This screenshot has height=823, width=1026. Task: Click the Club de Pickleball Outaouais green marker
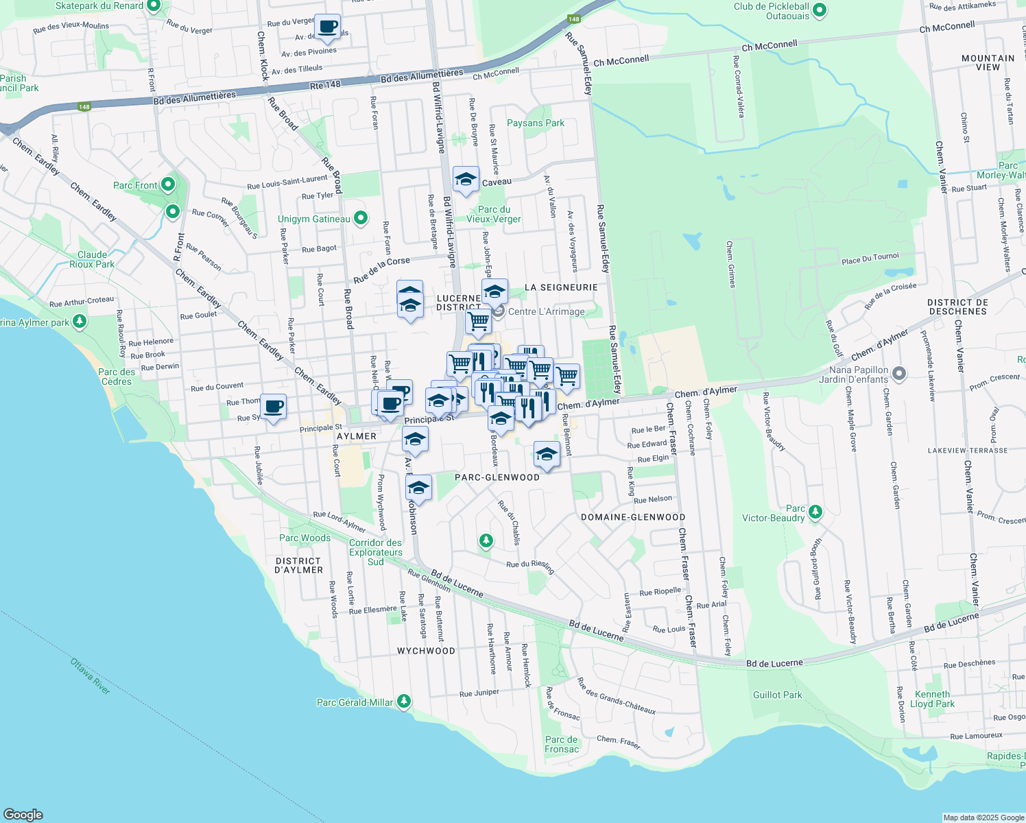[x=819, y=11]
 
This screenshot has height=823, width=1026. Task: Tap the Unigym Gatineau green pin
[x=360, y=219]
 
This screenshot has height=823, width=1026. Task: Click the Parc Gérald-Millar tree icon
[x=404, y=701]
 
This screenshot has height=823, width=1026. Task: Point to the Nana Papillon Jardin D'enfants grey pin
[x=898, y=374]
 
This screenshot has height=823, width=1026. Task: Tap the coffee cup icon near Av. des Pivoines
[x=327, y=27]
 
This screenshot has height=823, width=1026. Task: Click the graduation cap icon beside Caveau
[x=465, y=180]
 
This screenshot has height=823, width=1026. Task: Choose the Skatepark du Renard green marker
[x=154, y=6]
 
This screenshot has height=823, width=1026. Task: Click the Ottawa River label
[x=91, y=676]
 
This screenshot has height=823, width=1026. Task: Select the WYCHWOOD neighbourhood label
[x=426, y=651]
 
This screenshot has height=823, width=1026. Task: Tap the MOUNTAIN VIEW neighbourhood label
[x=988, y=62]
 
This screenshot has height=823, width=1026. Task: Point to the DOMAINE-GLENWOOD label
[x=633, y=517]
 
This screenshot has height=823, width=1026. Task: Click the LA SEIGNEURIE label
[x=561, y=287]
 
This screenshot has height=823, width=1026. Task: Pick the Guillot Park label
[x=777, y=695]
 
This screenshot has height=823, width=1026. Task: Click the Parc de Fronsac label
[x=562, y=744]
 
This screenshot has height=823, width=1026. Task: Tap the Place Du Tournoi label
[x=870, y=259]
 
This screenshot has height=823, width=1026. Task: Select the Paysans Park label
[x=536, y=123]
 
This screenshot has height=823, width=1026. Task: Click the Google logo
[x=23, y=814]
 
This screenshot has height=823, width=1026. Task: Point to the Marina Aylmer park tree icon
[x=80, y=320]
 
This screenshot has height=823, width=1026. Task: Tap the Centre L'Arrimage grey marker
[x=499, y=312]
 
